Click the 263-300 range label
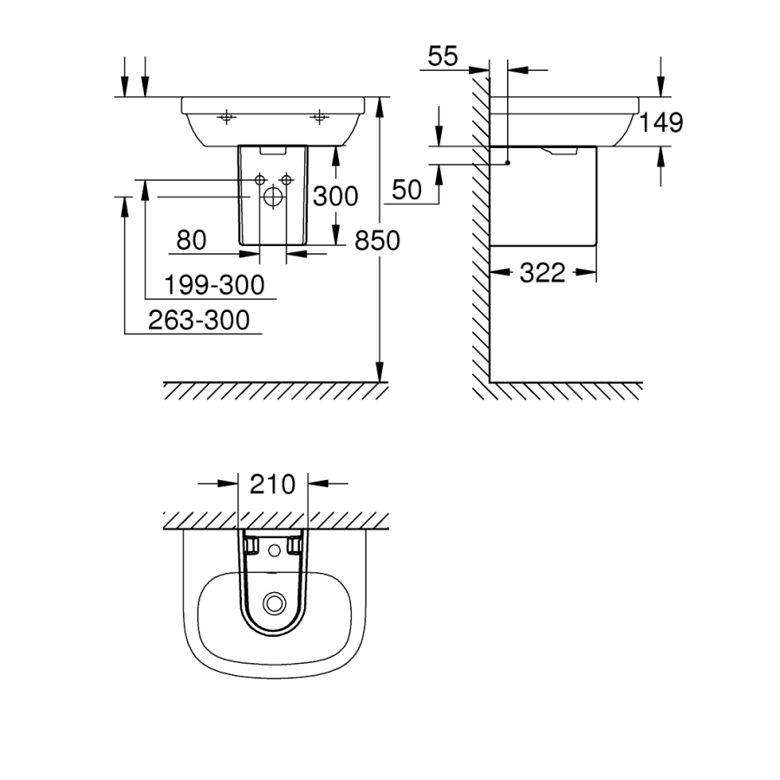(x=198, y=321)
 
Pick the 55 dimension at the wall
(x=442, y=56)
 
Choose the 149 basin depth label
(x=661, y=122)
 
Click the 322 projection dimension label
(x=543, y=274)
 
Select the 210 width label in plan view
(x=272, y=483)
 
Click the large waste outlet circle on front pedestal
(x=271, y=198)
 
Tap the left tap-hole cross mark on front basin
(x=226, y=115)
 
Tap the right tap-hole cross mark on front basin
(x=320, y=115)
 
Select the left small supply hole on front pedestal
(x=259, y=179)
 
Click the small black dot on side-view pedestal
(x=508, y=161)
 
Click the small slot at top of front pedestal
(x=271, y=151)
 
